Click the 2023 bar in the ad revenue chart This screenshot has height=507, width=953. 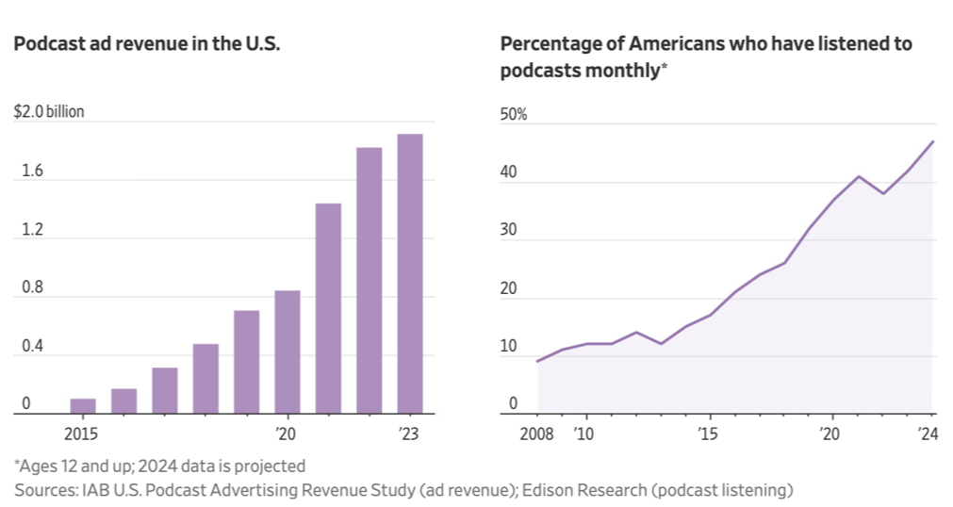pos(410,273)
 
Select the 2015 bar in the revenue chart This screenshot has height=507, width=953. pos(83,406)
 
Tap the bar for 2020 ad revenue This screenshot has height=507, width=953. pos(288,352)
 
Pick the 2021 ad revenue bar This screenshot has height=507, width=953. pos(328,308)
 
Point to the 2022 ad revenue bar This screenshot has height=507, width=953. pos(369,280)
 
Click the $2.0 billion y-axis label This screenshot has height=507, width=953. pos(49,112)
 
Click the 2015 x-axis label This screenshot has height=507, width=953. pos(82,434)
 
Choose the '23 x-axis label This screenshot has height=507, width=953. pos(410,434)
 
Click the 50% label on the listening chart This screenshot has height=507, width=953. pos(514,115)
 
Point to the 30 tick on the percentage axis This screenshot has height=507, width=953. pos(508,231)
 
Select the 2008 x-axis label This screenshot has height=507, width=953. pos(537,434)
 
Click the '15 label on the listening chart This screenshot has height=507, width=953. pos(708,434)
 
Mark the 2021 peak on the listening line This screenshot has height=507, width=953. pos(859,176)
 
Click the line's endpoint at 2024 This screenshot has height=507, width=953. pos(933,141)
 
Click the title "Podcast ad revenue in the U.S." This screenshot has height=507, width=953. pos(147,45)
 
